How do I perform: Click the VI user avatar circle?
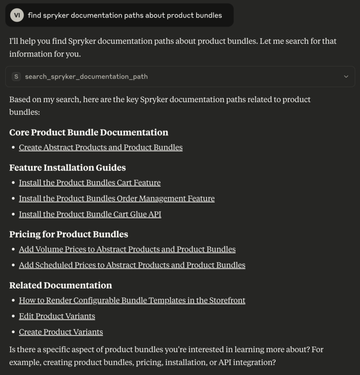pyautogui.click(x=17, y=15)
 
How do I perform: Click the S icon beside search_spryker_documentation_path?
pyautogui.click(x=17, y=76)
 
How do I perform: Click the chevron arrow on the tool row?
pyautogui.click(x=346, y=76)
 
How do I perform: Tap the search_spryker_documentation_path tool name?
pyautogui.click(x=86, y=76)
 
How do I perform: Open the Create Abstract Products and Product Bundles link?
pyautogui.click(x=101, y=147)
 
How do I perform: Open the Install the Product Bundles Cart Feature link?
pyautogui.click(x=89, y=183)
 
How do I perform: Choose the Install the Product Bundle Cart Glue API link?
pyautogui.click(x=90, y=214)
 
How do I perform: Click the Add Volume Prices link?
pyautogui.click(x=127, y=250)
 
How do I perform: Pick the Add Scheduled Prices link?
pyautogui.click(x=132, y=265)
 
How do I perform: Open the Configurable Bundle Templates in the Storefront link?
pyautogui.click(x=132, y=301)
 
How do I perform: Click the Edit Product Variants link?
pyautogui.click(x=57, y=316)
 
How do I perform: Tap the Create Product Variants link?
pyautogui.click(x=61, y=332)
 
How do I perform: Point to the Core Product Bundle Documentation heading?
pyautogui.click(x=88, y=132)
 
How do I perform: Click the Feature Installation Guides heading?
pyautogui.click(x=68, y=168)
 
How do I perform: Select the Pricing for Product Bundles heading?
pyautogui.click(x=69, y=234)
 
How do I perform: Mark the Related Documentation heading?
pyautogui.click(x=60, y=286)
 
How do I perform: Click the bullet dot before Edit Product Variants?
pyautogui.click(x=13, y=316)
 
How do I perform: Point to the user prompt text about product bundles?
pyautogui.click(x=124, y=15)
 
